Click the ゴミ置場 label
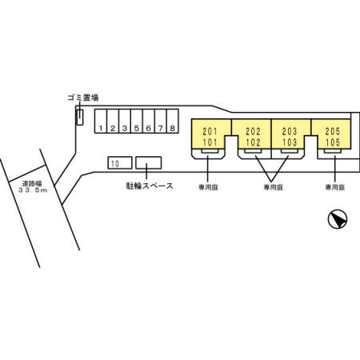(82, 97)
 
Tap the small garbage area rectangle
(79, 118)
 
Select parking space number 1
(102, 127)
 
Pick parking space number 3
(125, 127)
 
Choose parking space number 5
(137, 127)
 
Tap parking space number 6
(149, 127)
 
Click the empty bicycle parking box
(146, 163)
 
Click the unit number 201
(210, 131)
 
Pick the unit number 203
(290, 131)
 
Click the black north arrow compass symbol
(338, 220)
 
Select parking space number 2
(114, 127)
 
